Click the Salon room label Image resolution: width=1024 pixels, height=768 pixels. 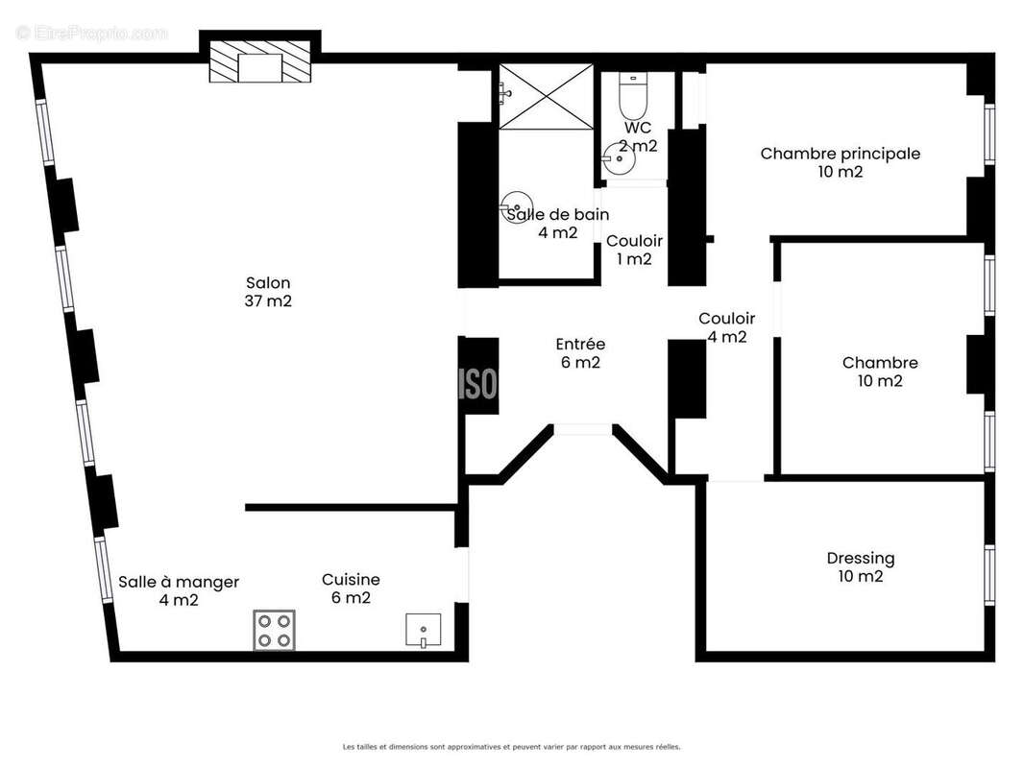pyautogui.click(x=268, y=283)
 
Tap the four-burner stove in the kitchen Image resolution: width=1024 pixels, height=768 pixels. pyautogui.click(x=274, y=630)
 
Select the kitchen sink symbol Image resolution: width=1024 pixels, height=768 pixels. pyautogui.click(x=423, y=631)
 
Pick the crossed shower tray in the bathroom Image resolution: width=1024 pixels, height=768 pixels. pyautogui.click(x=547, y=95)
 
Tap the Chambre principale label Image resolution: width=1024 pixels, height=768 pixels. pyautogui.click(x=840, y=154)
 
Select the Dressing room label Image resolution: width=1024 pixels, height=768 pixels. pyautogui.click(x=860, y=558)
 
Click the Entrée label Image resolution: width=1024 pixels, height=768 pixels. pyautogui.click(x=580, y=344)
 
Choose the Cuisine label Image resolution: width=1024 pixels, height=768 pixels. pyautogui.click(x=351, y=580)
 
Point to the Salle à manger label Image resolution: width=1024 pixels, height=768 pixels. pyautogui.click(x=179, y=582)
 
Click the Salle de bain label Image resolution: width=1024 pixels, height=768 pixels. pyautogui.click(x=557, y=215)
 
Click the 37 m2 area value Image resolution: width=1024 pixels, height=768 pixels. pyautogui.click(x=268, y=300)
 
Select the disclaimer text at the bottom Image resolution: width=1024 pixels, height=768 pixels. pyautogui.click(x=511, y=746)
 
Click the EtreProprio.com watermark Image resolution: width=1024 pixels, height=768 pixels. pyautogui.click(x=91, y=33)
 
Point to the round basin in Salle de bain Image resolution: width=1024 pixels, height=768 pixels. pyautogui.click(x=516, y=205)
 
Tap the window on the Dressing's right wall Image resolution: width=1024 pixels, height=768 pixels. pyautogui.click(x=988, y=574)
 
